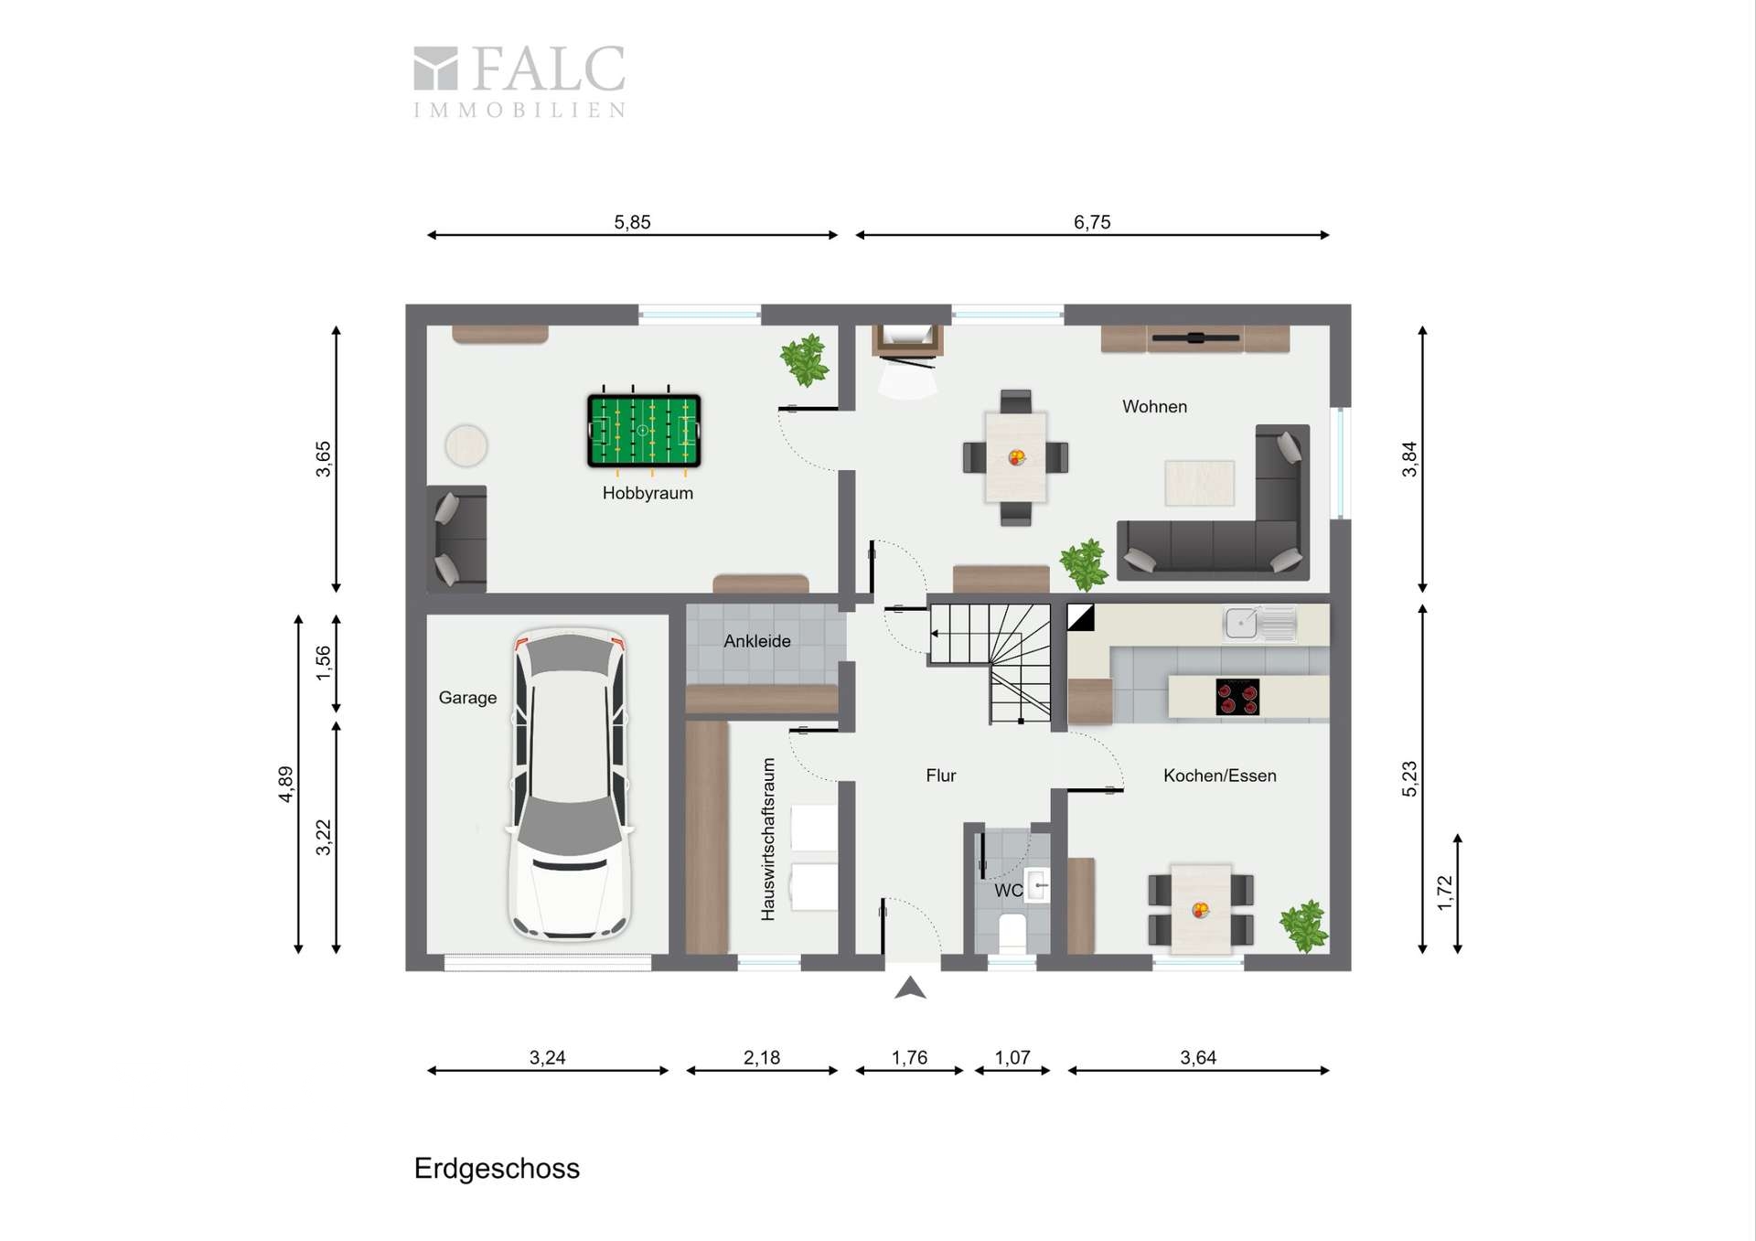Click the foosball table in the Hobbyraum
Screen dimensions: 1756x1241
[644, 432]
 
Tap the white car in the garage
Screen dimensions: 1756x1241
[570, 784]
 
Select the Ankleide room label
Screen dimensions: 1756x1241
[757, 641]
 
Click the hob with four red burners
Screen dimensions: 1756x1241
[1237, 697]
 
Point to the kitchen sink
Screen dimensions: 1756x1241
[1259, 624]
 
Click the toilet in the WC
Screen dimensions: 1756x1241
[1012, 933]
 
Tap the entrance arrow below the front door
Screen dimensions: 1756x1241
[910, 988]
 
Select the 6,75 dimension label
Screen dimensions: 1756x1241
[1092, 222]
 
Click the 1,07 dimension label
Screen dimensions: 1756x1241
[1012, 1058]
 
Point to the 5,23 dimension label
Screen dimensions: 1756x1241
[1409, 779]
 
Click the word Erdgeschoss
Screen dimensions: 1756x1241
[497, 1169]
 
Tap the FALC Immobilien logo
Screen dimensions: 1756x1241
[519, 81]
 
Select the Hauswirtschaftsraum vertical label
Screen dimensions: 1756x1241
[768, 839]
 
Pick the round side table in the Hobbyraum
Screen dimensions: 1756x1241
[466, 446]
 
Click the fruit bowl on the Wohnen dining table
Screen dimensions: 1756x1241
[1016, 457]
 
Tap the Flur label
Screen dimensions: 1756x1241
[941, 776]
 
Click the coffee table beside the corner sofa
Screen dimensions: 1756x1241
[1199, 483]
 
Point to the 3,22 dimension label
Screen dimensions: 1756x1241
[323, 837]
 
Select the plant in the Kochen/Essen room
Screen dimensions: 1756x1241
[1303, 925]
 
